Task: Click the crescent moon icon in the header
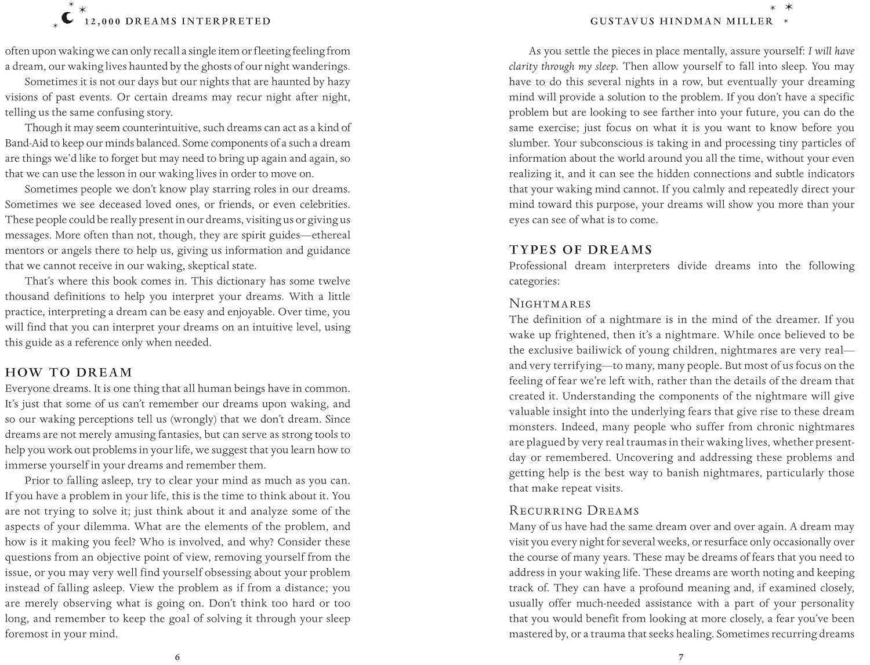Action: click(68, 18)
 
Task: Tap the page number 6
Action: click(177, 657)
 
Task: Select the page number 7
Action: click(681, 657)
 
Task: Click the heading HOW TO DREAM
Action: click(68, 373)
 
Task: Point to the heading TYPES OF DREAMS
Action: click(581, 250)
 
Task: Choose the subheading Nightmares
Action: click(550, 304)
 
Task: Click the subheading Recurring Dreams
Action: click(574, 511)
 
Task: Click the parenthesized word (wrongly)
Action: click(181, 419)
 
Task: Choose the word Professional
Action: click(538, 266)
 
